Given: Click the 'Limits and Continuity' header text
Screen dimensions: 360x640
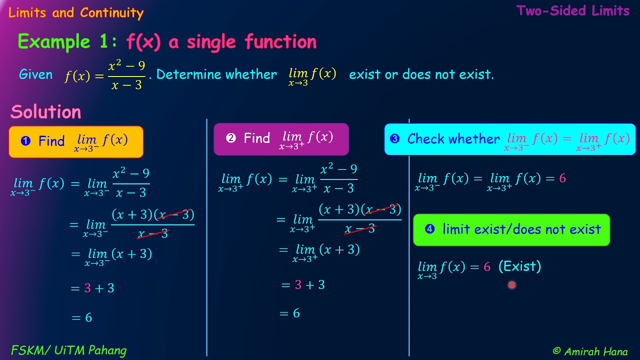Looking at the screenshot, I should coord(76,13).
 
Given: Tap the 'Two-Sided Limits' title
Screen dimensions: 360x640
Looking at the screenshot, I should coord(573,11).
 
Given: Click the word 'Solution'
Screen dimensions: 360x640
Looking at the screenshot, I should coord(45,112).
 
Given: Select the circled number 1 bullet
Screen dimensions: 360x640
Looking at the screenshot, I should coord(25,141).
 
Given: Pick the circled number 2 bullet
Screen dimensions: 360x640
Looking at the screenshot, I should coord(230,138).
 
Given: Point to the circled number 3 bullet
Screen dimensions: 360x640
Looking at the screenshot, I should coord(394,139).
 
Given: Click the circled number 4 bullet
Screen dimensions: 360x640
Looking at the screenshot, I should coord(429,229).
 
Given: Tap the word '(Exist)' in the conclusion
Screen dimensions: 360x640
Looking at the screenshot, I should coord(519,266).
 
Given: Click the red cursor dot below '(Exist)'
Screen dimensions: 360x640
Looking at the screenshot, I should coord(511,285).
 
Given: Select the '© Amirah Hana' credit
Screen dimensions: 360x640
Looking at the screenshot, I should coord(590,351).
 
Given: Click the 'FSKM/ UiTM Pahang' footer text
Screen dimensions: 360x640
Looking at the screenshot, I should coord(68,350).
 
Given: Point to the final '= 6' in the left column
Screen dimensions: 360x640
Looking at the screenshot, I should coord(82,317).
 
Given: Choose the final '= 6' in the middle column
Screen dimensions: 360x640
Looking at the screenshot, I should coord(290,313).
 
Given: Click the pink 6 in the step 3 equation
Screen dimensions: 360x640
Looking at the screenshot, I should coord(562,178).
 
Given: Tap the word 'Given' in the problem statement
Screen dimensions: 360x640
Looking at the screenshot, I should coord(35,74).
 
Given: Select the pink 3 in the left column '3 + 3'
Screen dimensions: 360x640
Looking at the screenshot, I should coord(87,288).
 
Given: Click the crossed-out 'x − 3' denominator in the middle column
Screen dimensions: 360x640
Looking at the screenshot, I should coord(359,229).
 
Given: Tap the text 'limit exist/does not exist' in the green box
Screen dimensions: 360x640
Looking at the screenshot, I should coord(521,229).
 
